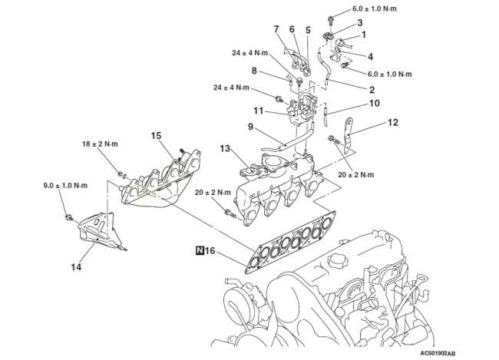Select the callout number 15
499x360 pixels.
[x=156, y=136]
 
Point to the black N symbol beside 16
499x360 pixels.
[x=200, y=250]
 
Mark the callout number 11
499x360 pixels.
[x=259, y=111]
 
